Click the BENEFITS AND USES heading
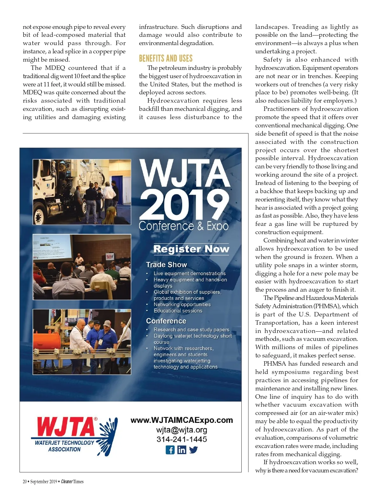click(x=166, y=58)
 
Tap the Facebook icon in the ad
click(x=170, y=450)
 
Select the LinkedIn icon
click(x=182, y=450)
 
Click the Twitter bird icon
click(x=193, y=450)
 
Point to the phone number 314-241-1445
click(x=182, y=439)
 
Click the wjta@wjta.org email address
click(x=182, y=430)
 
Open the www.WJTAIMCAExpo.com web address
click(x=182, y=420)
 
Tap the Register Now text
click(x=191, y=249)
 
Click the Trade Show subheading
click(x=166, y=265)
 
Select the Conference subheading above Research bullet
click(x=166, y=321)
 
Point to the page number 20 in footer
click(x=25, y=481)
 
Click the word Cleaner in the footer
click(x=67, y=481)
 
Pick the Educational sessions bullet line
click(x=178, y=311)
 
